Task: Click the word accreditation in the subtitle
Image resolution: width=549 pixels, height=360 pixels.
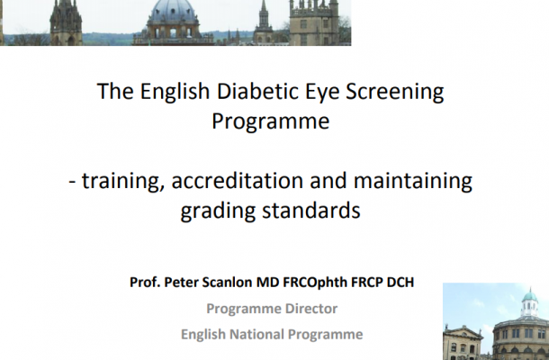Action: [237, 181]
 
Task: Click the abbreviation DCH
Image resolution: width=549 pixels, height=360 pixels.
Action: [400, 282]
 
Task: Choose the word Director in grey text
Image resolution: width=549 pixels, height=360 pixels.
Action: [311, 309]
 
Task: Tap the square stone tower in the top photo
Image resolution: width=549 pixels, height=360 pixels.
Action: [314, 22]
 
